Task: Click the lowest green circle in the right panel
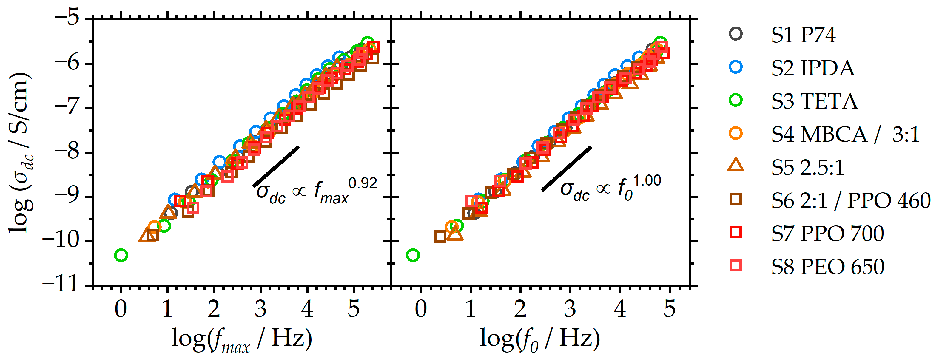[413, 255]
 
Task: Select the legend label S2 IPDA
[812, 68]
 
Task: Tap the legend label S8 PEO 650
[827, 267]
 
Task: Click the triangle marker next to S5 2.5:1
[736, 166]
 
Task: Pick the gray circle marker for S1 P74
[736, 34]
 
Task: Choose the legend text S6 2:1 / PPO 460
[850, 200]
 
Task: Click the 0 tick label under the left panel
[121, 309]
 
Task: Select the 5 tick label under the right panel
[669, 309]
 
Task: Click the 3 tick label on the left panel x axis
[260, 309]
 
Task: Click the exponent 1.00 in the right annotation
[647, 181]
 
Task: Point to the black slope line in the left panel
[276, 166]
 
